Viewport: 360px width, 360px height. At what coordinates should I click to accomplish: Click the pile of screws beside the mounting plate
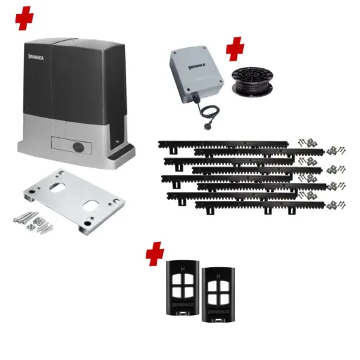(x=29, y=224)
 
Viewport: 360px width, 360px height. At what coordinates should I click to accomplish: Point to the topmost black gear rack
(x=221, y=143)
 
